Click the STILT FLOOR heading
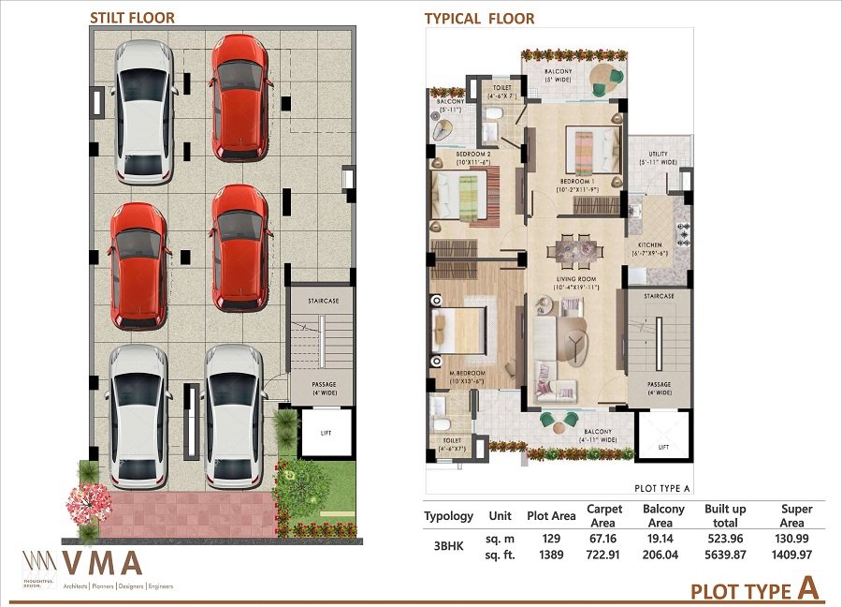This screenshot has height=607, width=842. pyautogui.click(x=132, y=17)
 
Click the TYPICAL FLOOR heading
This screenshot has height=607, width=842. pyautogui.click(x=479, y=18)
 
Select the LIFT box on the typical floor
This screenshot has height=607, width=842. pyautogui.click(x=663, y=436)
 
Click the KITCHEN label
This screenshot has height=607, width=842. pyautogui.click(x=650, y=248)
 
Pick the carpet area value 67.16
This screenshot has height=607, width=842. pyautogui.click(x=604, y=540)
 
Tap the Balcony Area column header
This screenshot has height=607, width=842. pyautogui.click(x=663, y=515)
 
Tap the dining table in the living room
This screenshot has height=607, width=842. pyautogui.click(x=574, y=249)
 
